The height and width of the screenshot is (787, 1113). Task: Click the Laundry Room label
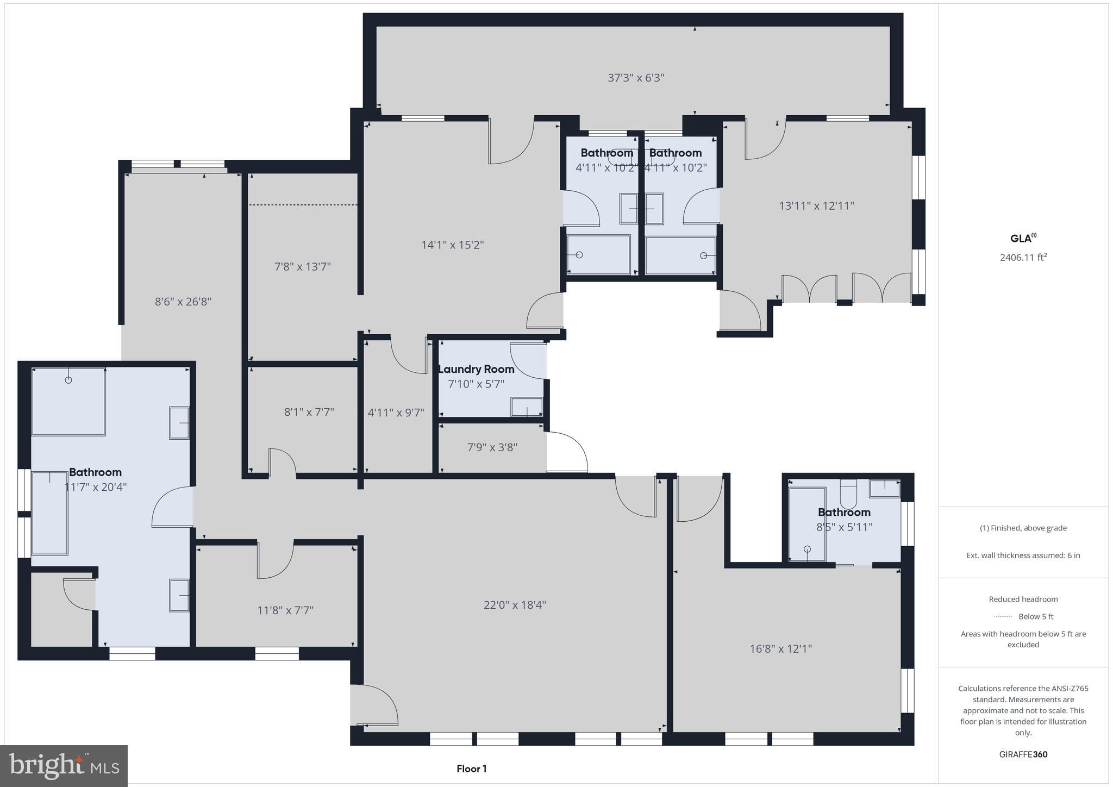(x=476, y=369)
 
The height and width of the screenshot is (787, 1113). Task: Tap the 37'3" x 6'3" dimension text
(x=636, y=78)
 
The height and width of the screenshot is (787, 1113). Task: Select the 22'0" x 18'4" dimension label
(x=515, y=604)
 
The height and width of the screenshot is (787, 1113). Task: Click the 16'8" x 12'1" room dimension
(x=780, y=648)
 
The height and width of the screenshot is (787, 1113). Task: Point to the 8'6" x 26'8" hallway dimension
(x=183, y=301)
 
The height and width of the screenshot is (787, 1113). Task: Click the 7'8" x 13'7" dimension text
(x=303, y=266)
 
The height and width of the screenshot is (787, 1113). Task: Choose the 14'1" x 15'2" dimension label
(x=452, y=245)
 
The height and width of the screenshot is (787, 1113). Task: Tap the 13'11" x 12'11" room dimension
(x=816, y=205)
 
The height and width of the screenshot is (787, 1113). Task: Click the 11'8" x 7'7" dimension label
(x=285, y=610)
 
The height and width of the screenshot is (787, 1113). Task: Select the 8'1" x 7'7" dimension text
(x=309, y=412)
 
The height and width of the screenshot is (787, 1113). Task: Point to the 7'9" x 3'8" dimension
(x=492, y=447)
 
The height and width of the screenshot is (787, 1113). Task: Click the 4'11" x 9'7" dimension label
(x=396, y=413)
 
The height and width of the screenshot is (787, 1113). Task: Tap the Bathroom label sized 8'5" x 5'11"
(x=844, y=512)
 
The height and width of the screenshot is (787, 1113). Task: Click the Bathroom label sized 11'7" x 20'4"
(x=95, y=472)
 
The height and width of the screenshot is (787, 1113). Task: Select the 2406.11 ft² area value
(x=1023, y=257)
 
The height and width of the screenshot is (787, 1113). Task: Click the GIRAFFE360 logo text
(x=1023, y=754)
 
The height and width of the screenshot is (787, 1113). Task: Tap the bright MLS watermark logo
(x=64, y=766)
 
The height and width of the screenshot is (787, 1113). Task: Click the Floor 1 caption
(x=471, y=769)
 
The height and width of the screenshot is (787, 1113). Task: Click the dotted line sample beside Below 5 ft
(x=1002, y=616)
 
